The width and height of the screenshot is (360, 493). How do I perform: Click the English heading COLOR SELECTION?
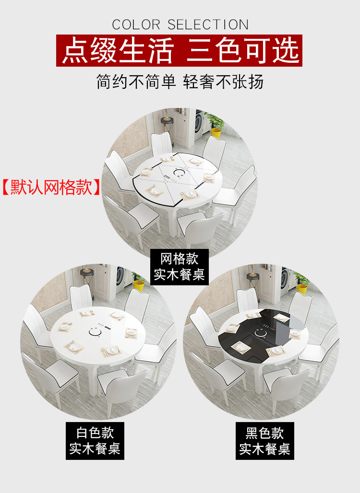180,24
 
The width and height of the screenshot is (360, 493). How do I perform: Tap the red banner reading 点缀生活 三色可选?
179,51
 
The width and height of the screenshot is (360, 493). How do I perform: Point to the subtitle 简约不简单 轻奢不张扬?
180,82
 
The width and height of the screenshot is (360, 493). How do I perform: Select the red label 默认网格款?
51,188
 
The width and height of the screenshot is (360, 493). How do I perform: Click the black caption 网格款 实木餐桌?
180,267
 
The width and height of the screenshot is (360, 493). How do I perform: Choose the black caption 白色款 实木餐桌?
95,441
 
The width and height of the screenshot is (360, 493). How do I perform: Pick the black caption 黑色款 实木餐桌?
265,441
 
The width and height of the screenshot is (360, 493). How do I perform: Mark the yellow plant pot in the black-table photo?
302,289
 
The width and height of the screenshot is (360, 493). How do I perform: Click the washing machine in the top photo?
198,125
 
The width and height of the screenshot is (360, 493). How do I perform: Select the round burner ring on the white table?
95,331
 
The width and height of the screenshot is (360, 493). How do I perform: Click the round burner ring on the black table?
260,333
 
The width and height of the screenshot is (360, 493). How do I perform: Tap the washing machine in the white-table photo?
120,276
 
